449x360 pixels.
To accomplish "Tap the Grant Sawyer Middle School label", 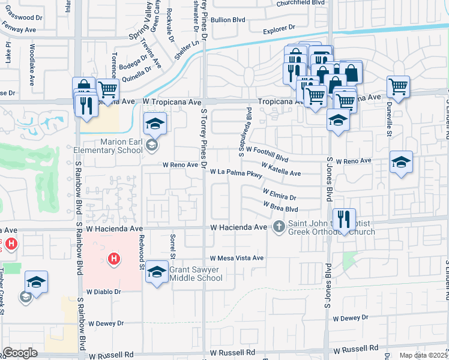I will [x=196, y=274].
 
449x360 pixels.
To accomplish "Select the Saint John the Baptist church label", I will [x=331, y=228].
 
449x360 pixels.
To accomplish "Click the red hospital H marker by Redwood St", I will [x=113, y=259].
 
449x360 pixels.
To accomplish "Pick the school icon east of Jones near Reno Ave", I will [x=401, y=162].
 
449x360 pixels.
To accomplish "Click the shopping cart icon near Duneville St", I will [x=398, y=87].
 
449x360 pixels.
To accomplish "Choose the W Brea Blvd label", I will [x=280, y=206].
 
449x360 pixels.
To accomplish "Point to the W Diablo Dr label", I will [x=104, y=292].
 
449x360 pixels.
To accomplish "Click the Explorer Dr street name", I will [x=279, y=28].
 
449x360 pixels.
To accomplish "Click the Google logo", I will [x=20, y=353].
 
